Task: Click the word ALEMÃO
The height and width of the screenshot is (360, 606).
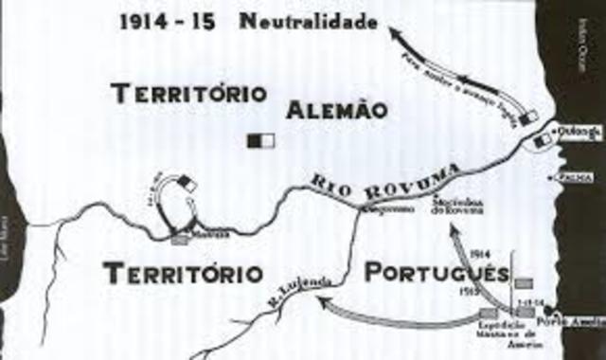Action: pos(332,110)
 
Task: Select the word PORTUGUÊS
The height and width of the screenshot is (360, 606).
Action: pos(437,274)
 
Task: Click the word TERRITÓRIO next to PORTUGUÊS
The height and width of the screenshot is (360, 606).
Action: pos(183,274)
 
